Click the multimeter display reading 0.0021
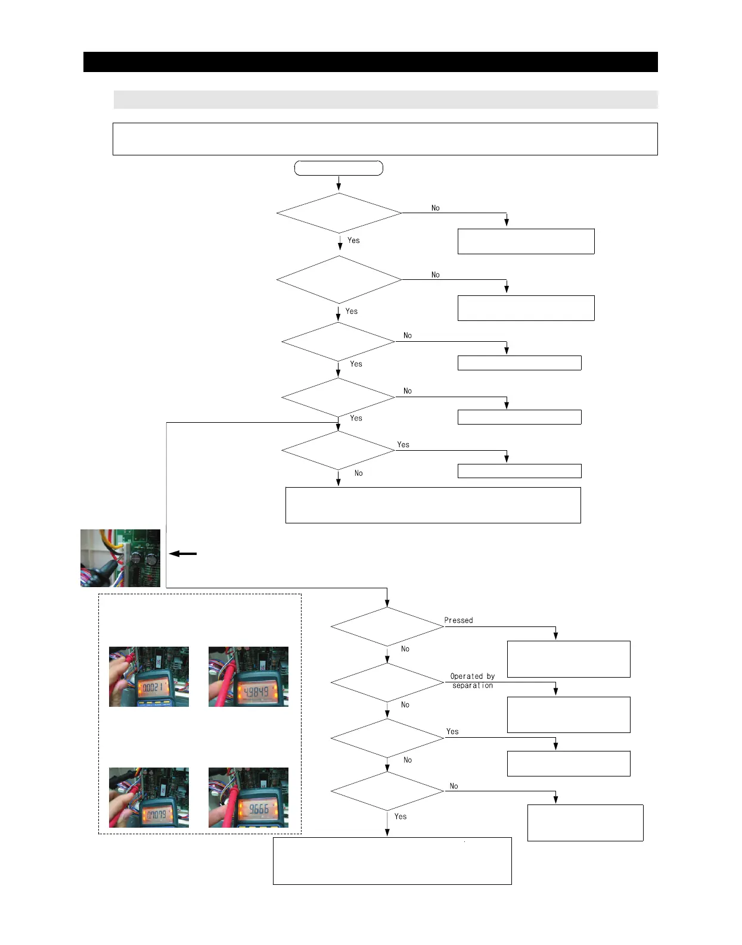coord(151,690)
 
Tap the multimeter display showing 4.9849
coord(257,692)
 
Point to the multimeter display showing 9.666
coord(258,809)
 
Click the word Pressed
coord(458,620)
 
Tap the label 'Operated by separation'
coord(473,681)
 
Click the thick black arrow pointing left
coord(183,554)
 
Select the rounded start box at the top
coord(339,168)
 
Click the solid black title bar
coord(370,62)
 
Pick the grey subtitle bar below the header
coord(385,99)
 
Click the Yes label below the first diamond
coord(353,241)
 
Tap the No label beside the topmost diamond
coord(435,208)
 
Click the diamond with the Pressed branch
coord(387,626)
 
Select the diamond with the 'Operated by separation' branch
coord(387,682)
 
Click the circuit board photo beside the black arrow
coord(120,558)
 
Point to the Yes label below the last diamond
coord(401,816)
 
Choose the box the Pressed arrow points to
coord(568,659)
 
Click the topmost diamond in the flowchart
coord(339,213)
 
